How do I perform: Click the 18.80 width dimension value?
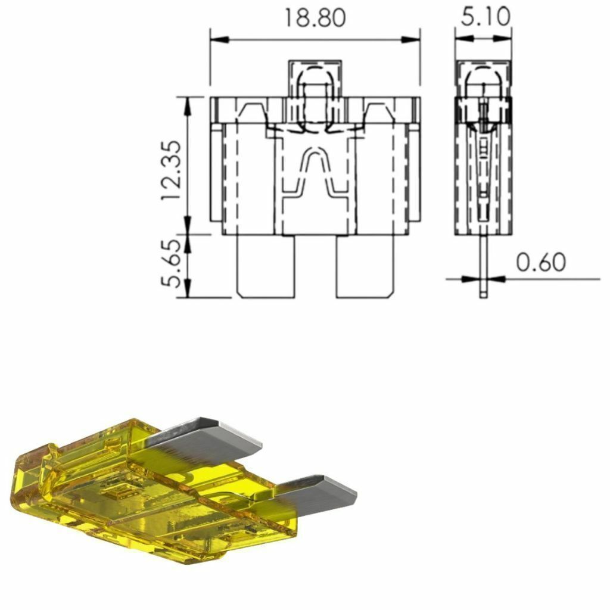tap(315, 18)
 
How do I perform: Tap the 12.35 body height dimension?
tap(172, 170)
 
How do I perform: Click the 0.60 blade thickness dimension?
tap(541, 262)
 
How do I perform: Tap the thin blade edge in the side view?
tap(483, 266)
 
